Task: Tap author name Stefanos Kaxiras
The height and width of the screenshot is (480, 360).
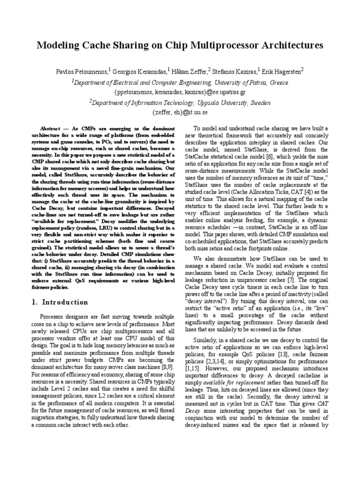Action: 235,71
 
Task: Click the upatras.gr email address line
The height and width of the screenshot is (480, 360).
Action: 180,92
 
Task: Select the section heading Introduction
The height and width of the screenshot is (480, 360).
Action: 65,302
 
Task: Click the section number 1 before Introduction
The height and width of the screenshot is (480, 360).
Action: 34,302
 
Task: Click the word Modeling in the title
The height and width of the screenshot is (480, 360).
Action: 57,45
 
